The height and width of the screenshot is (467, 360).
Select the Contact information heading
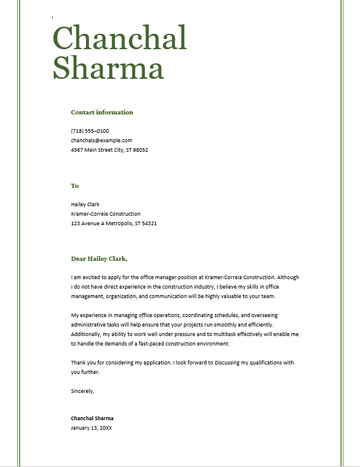click(102, 112)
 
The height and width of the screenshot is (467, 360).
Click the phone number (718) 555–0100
click(90, 131)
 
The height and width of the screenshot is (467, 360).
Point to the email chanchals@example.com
click(101, 140)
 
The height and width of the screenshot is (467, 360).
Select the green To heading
click(75, 185)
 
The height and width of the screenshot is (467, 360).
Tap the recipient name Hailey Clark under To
click(85, 204)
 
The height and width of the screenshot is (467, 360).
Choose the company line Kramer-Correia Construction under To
click(106, 214)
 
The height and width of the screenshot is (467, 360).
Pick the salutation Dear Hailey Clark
click(99, 258)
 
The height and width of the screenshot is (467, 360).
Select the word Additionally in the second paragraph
click(86, 334)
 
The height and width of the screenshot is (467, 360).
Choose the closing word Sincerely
click(82, 391)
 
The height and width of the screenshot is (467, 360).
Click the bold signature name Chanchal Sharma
click(92, 418)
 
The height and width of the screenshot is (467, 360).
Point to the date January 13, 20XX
click(91, 427)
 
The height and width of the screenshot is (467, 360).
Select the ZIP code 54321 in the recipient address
click(149, 223)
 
